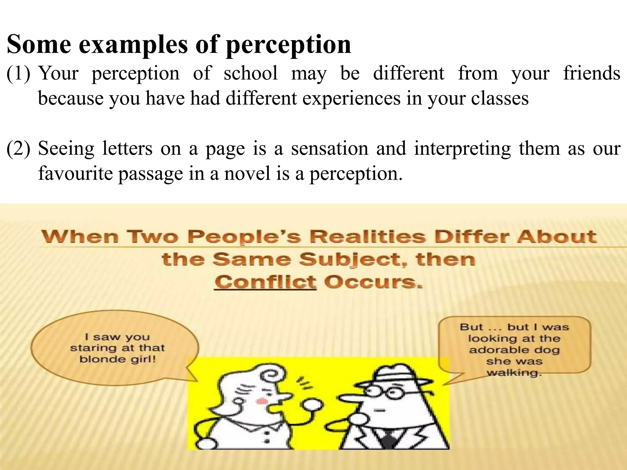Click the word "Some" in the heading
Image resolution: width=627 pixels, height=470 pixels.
39,45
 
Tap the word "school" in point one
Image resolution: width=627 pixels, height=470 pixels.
250,73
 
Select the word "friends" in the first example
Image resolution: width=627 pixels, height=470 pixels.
591,73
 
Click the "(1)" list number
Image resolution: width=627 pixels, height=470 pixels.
18,73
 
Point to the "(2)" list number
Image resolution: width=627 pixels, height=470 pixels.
18,149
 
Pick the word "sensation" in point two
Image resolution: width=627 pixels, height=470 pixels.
329,149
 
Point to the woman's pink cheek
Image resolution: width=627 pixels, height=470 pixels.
261,401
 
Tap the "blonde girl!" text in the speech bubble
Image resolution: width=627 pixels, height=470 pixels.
118,359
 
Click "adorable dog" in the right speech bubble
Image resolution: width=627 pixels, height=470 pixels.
514,350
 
